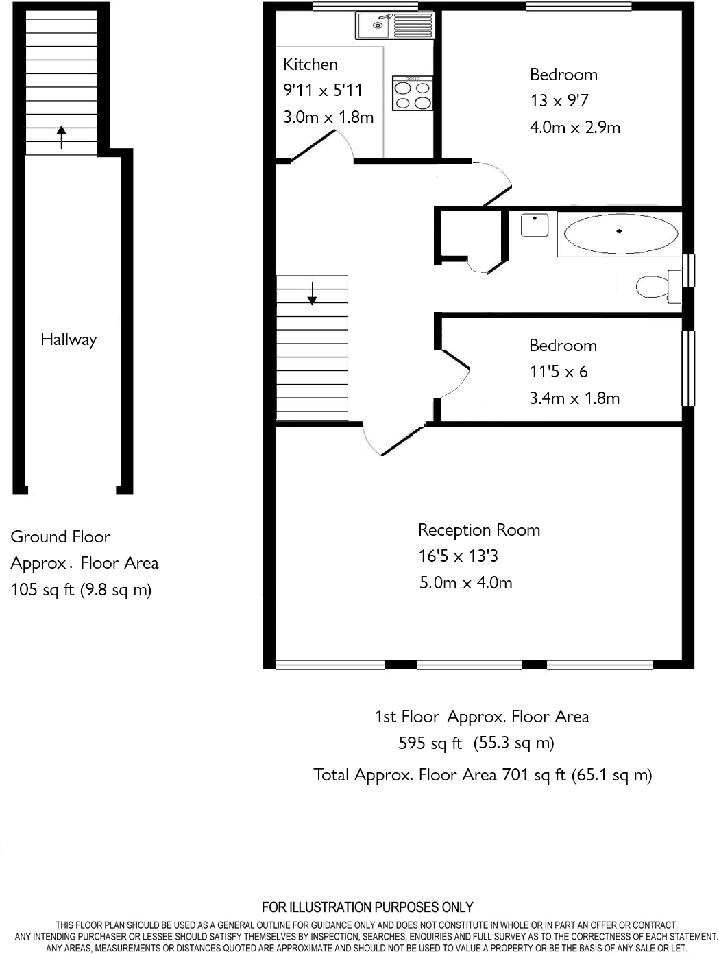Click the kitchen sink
click(x=393, y=26)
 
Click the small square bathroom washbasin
click(x=534, y=225)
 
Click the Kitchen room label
click(x=310, y=64)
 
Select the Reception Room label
click(x=479, y=530)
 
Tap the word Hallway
click(x=69, y=339)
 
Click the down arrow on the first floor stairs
click(x=313, y=293)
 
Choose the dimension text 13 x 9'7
click(x=559, y=101)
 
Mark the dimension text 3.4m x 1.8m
click(x=574, y=398)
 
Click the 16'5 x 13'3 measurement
click(x=458, y=556)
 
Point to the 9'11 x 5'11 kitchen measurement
click(x=323, y=91)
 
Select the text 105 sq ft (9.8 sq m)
click(x=81, y=590)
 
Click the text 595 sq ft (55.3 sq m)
click(x=476, y=743)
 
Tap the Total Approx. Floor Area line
click(x=483, y=775)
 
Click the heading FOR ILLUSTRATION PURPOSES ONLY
click(x=367, y=907)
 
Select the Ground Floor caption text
click(x=60, y=537)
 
